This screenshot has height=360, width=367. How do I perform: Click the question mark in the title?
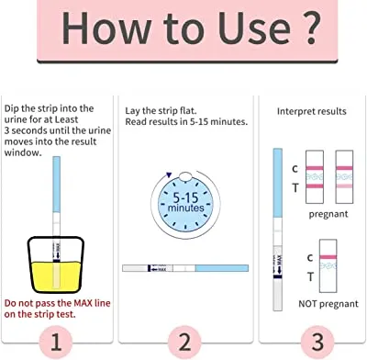[311, 28]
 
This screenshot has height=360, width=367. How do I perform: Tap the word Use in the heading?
[253, 28]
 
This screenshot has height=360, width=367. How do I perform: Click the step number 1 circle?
[56, 342]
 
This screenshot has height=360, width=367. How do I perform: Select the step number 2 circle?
[184, 342]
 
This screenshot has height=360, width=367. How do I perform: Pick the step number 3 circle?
[317, 342]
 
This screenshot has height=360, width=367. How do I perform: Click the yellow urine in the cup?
[56, 276]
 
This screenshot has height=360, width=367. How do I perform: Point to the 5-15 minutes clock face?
[185, 203]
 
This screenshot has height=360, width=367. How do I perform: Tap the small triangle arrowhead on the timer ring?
[169, 175]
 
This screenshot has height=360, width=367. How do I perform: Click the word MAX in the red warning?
[83, 303]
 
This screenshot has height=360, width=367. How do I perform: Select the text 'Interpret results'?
[312, 111]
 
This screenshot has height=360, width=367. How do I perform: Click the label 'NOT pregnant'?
[328, 304]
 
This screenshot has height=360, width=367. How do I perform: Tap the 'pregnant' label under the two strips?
[328, 214]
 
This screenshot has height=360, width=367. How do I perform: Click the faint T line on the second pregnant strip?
[344, 186]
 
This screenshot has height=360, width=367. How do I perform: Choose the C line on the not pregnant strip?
[328, 257]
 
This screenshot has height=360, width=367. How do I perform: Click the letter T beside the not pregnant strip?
[310, 276]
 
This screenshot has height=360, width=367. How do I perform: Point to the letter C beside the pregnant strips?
[295, 169]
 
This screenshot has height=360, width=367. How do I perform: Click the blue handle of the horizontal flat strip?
[222, 268]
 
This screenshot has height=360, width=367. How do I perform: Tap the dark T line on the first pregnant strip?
[315, 186]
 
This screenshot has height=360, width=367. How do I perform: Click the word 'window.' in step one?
[23, 152]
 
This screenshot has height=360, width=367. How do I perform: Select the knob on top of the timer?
[185, 176]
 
